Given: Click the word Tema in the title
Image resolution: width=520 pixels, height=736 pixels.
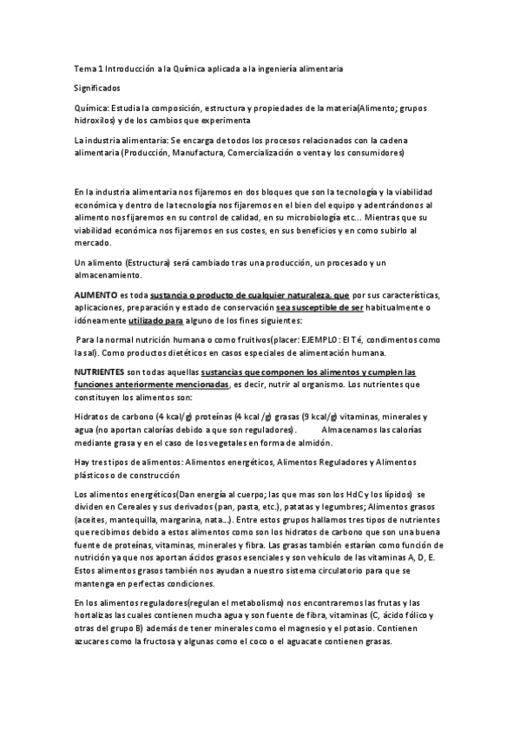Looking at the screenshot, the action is click(x=84, y=68).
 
